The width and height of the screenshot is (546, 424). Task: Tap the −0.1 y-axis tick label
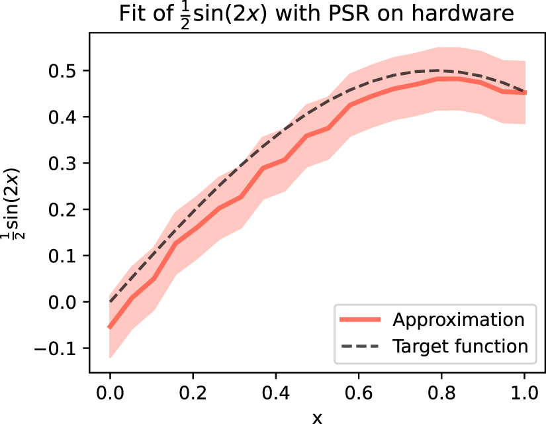[x=58, y=348]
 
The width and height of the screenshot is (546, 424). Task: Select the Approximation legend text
[x=459, y=320]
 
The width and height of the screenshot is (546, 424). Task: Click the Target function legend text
[x=460, y=346]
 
